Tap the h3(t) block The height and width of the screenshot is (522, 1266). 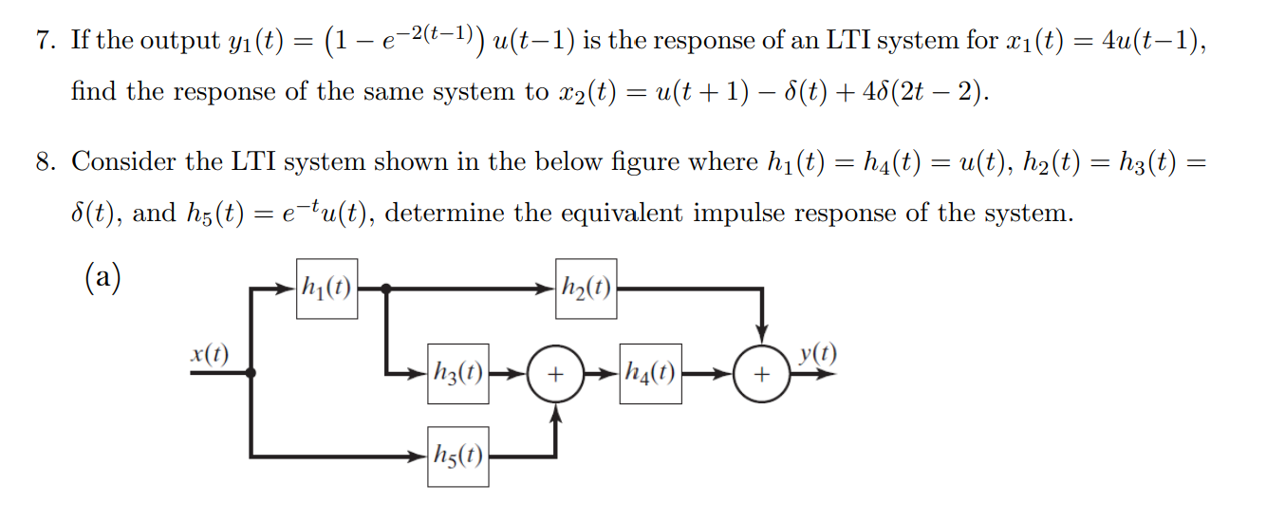coord(457,373)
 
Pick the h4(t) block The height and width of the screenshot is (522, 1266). coord(650,373)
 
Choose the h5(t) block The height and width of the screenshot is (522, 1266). coord(457,457)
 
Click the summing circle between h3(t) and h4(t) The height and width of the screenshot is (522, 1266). coord(555,374)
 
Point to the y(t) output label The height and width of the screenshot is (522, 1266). coord(817,354)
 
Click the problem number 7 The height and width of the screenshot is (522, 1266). coord(45,42)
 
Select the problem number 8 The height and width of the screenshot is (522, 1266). coord(45,162)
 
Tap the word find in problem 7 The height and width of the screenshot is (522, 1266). coord(91,92)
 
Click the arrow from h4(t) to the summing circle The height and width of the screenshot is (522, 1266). coord(708,374)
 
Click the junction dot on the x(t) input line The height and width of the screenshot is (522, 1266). coord(251,374)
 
